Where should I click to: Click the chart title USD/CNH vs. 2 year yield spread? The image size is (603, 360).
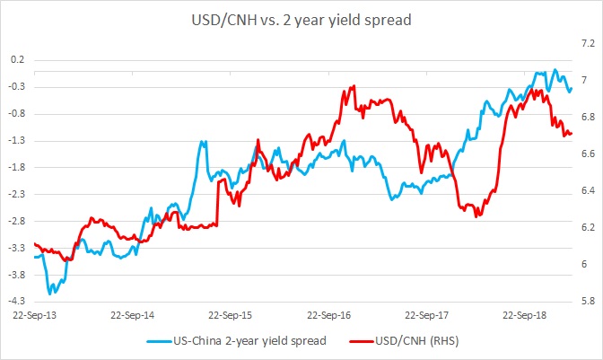pyautogui.click(x=301, y=18)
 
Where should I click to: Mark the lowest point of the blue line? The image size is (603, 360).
pyautogui.click(x=51, y=293)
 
